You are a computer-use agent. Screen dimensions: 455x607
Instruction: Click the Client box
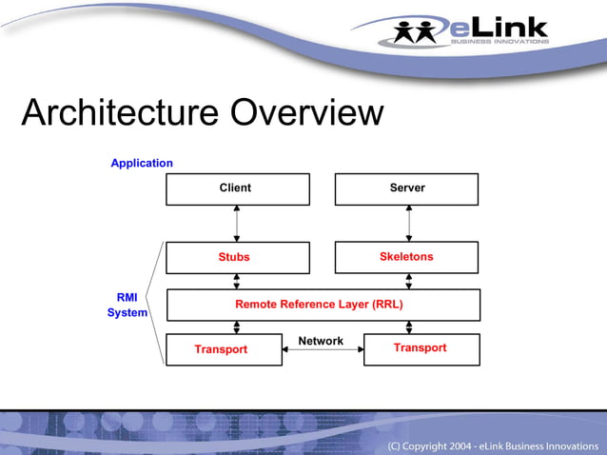tap(237, 188)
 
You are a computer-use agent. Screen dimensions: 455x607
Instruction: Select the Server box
tap(406, 188)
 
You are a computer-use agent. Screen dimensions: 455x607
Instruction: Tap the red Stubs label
tap(234, 257)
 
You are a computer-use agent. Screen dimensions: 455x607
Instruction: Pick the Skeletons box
tap(406, 257)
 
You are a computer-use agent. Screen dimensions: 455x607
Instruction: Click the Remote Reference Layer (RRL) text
tap(319, 305)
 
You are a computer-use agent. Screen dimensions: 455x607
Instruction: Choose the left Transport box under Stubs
tap(223, 349)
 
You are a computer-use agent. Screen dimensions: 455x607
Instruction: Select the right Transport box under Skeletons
tap(421, 348)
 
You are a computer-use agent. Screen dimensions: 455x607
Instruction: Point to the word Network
tap(321, 341)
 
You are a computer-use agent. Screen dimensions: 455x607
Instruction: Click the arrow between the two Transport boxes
tap(323, 351)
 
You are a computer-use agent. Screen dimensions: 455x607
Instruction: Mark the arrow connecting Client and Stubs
tap(237, 223)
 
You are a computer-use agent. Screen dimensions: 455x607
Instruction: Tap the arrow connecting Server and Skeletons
tap(409, 223)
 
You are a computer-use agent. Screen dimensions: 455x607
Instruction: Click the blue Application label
tap(142, 163)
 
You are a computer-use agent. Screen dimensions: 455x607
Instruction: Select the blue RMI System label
tap(127, 305)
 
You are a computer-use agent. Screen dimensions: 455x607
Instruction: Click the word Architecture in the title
tap(113, 113)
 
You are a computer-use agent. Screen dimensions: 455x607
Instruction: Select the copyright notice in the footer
tap(494, 445)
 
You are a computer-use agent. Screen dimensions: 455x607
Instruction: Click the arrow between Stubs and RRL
tap(237, 281)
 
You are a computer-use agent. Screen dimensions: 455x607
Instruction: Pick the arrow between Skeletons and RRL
tap(409, 281)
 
